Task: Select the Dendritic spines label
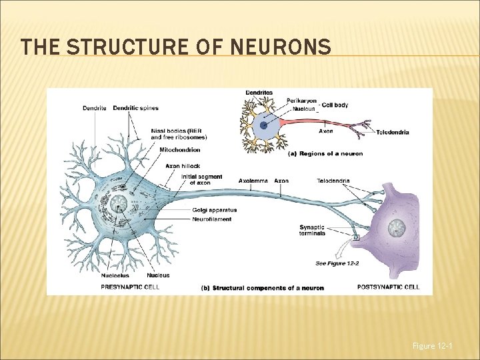(135, 108)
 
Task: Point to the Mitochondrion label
(179, 150)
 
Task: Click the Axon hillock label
(182, 166)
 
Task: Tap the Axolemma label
(255, 181)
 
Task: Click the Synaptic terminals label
(312, 231)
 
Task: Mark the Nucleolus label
(115, 275)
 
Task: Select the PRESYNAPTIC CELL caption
(130, 287)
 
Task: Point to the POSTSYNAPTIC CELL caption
(389, 287)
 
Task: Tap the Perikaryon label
(302, 101)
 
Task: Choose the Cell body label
(335, 105)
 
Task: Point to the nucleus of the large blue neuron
(120, 203)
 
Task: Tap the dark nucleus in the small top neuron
(264, 125)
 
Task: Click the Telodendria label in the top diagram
(393, 132)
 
